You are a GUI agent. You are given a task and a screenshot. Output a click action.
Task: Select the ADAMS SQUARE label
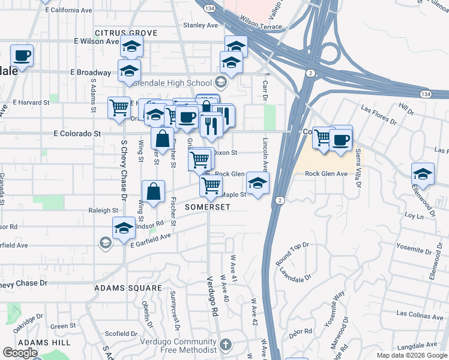128,288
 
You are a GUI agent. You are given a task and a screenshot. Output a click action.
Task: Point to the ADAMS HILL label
44,342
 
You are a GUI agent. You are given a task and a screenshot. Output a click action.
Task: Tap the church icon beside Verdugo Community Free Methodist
225,344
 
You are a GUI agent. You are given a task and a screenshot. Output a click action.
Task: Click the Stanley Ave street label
200,25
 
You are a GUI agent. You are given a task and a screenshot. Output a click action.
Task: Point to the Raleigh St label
103,211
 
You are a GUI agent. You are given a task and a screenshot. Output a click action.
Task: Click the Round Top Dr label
292,253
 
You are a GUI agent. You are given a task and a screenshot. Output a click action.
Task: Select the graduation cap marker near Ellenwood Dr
423,174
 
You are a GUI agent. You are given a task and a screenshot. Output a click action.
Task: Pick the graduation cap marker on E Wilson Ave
131,46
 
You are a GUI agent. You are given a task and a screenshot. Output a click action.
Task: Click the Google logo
20,353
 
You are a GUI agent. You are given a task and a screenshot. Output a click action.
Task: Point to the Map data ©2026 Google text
412,355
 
